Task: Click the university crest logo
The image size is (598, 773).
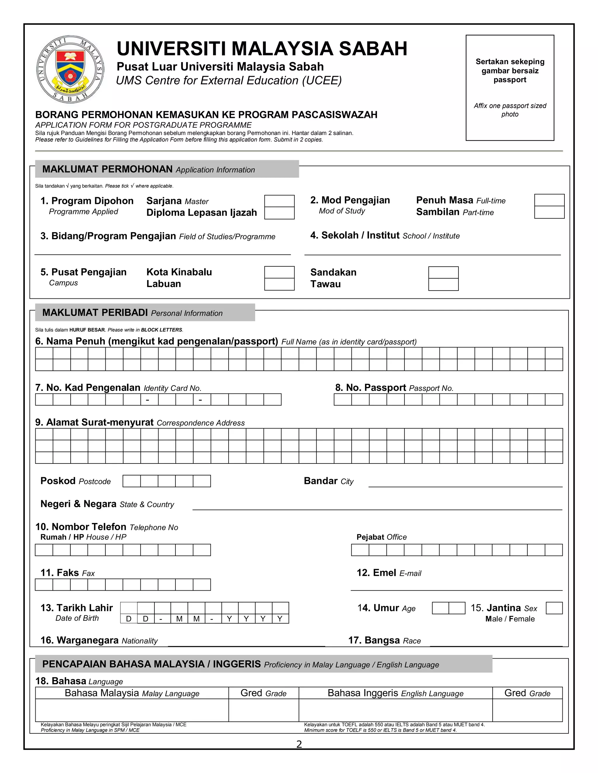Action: tap(70, 69)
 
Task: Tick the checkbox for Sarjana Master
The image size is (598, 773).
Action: tap(279, 201)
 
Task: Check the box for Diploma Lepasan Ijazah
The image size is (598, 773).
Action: tap(279, 213)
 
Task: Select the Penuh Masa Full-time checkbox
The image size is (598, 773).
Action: tap(549, 200)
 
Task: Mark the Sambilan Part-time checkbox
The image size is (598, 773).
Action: tap(549, 212)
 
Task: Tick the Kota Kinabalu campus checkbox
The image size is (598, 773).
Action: tap(279, 272)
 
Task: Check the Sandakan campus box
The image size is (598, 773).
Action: tap(443, 272)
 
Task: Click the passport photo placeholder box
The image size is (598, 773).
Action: tap(510, 88)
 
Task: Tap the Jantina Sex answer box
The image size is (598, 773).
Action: tap(554, 608)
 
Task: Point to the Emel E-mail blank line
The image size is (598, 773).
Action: tap(456, 586)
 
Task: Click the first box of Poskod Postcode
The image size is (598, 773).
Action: tap(131, 481)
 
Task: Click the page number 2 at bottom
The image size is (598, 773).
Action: tap(299, 744)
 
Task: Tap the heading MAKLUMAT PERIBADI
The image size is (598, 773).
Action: tap(95, 312)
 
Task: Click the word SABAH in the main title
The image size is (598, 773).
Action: tap(373, 49)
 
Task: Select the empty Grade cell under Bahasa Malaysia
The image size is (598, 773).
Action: tap(264, 710)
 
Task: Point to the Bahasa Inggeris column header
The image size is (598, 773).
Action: tap(395, 693)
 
